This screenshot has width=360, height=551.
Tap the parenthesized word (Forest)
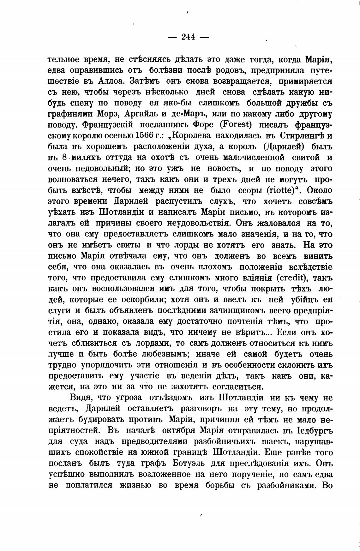235,124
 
